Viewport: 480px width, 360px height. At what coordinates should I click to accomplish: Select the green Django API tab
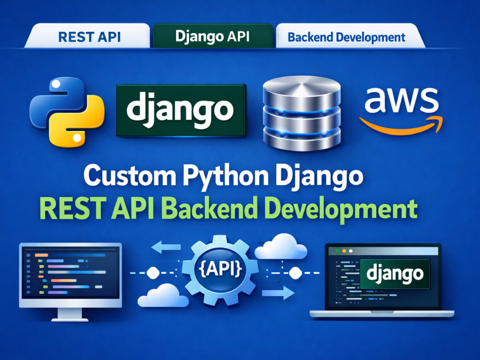213,36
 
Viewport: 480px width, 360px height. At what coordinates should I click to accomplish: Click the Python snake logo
67,112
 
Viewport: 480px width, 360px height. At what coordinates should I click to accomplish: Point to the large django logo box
181,110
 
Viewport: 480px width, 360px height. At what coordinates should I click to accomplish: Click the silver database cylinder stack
301,113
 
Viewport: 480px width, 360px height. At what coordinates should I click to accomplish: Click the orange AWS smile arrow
401,125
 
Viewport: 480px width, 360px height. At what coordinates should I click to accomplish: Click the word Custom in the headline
130,176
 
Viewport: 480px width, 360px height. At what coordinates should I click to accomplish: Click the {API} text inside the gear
220,269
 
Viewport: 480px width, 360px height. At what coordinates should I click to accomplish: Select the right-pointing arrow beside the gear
278,293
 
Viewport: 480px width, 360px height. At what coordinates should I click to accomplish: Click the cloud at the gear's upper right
281,246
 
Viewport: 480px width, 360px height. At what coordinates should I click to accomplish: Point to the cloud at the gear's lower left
163,295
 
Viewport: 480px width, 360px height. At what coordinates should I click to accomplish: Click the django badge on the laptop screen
395,274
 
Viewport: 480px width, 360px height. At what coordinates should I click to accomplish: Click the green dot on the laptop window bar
337,251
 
